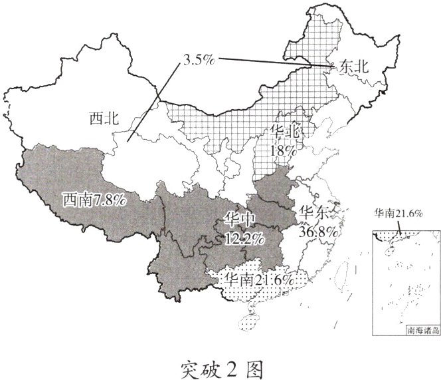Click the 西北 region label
point(103,119)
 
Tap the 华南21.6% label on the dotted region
point(260,280)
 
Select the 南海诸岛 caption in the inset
point(416,331)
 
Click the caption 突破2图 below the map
point(221,365)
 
